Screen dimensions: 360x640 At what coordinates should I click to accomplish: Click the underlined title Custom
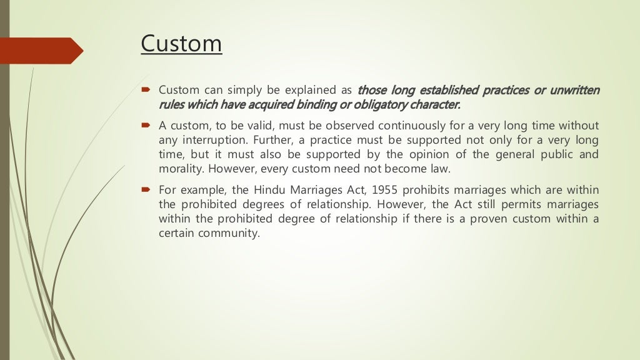[x=181, y=44]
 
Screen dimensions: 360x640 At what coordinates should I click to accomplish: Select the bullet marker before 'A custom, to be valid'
[x=145, y=126]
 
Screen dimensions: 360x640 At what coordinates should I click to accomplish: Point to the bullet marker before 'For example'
[x=145, y=189]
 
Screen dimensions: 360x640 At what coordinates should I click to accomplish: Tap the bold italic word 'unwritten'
[x=574, y=91]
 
